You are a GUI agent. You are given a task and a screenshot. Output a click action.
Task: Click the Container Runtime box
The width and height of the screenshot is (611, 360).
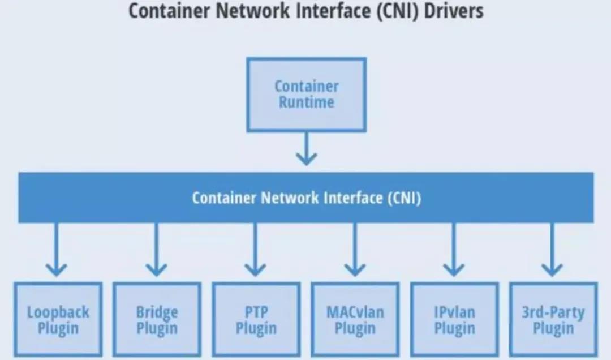tap(306, 95)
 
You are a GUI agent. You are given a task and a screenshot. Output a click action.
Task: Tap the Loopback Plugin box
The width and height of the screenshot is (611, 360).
tap(58, 320)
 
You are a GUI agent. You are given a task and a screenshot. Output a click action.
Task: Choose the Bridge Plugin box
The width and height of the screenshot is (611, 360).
tap(157, 320)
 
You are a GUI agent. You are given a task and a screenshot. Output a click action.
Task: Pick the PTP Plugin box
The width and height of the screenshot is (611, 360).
tap(256, 320)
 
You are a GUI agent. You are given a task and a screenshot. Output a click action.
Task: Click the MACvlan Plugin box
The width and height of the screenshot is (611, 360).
tap(355, 320)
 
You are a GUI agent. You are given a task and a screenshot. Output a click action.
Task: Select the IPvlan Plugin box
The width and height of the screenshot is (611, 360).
tap(454, 320)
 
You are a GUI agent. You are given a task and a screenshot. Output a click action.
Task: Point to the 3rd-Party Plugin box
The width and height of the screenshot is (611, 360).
tap(553, 320)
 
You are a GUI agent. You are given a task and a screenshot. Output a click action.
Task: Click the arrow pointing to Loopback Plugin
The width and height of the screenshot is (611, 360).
tap(56, 249)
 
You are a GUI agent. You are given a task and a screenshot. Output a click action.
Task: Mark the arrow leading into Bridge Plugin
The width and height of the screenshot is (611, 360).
tap(156, 249)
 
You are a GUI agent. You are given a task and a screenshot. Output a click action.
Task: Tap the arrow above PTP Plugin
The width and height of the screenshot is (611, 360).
tap(255, 249)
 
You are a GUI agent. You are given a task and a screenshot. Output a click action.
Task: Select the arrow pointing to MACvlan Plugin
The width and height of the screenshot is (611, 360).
tap(355, 249)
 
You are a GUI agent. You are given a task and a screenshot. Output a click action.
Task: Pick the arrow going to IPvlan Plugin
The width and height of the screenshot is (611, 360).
tap(454, 249)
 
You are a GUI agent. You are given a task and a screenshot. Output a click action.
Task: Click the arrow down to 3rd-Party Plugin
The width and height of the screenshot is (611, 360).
tap(552, 249)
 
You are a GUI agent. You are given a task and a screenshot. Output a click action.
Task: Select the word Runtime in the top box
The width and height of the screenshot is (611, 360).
tap(306, 102)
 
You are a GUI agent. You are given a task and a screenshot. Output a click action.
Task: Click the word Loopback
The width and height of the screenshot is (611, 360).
tap(58, 312)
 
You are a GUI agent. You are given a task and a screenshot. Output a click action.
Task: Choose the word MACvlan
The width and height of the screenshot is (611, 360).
tap(355, 312)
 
